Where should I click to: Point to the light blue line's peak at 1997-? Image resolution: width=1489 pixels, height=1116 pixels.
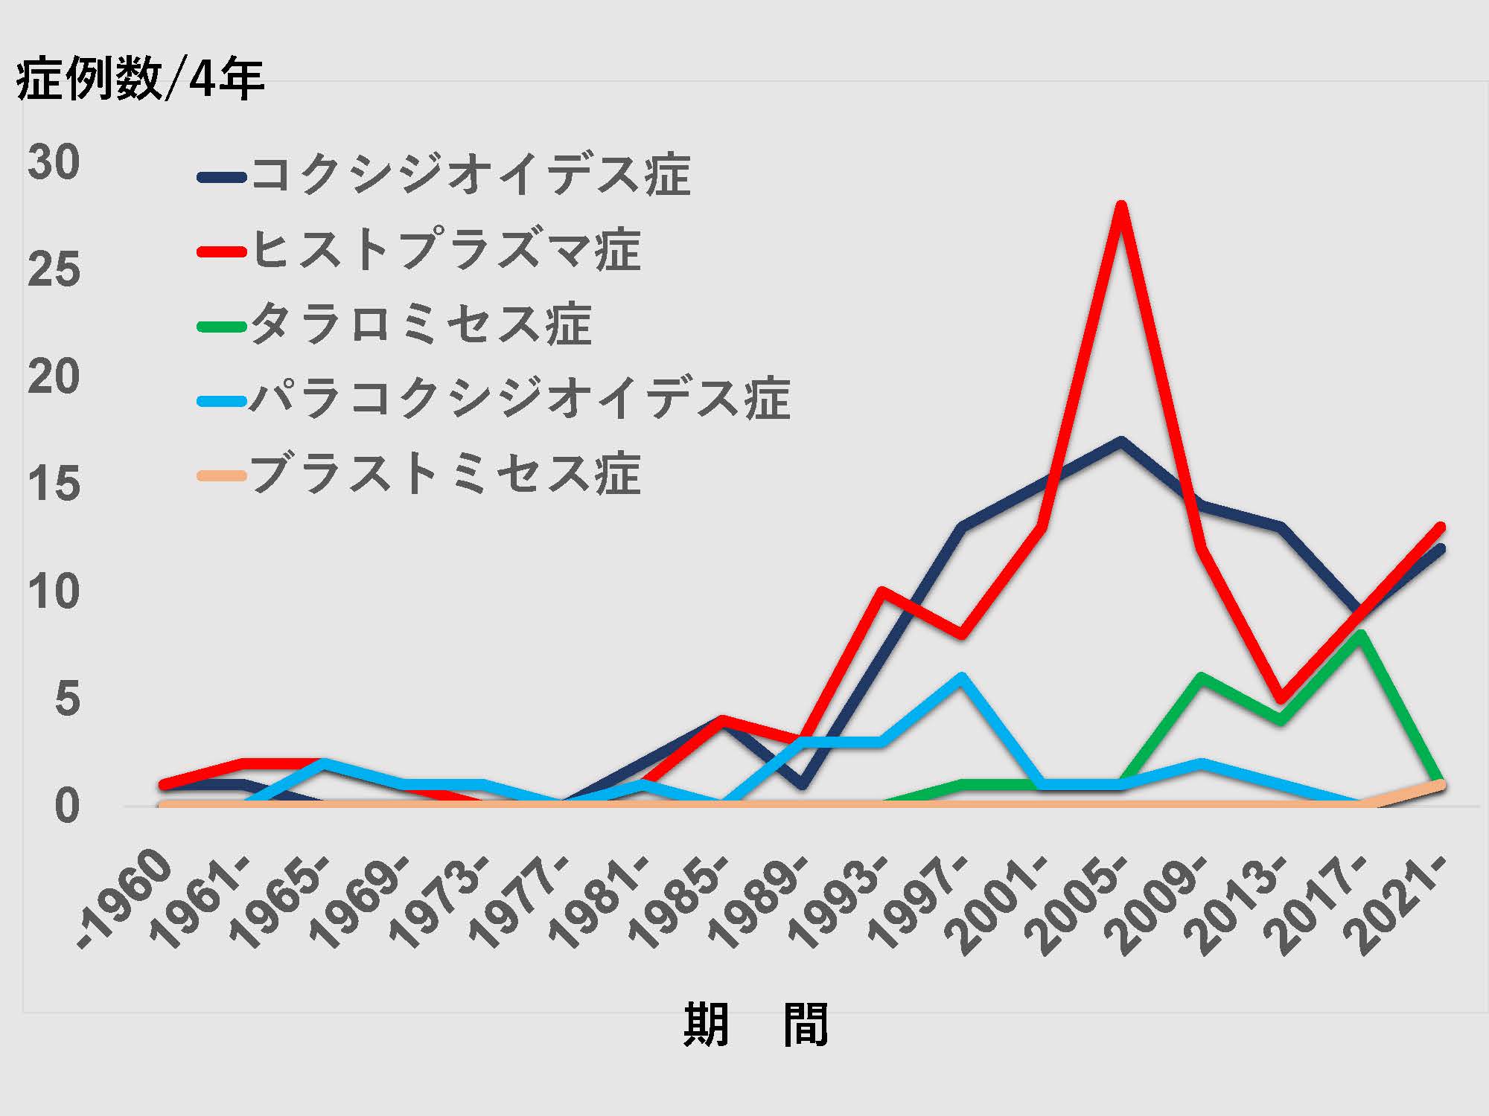click(961, 677)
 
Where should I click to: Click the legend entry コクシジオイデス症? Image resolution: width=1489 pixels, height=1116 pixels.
click(471, 176)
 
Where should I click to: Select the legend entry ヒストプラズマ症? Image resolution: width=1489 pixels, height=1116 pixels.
click(445, 250)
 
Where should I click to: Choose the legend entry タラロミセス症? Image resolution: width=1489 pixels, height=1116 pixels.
click(421, 325)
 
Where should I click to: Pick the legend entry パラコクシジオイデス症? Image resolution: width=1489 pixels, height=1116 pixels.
click(520, 400)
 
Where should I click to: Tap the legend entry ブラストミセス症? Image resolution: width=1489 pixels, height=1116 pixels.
click(445, 474)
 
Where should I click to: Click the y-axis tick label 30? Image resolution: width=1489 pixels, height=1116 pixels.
click(53, 162)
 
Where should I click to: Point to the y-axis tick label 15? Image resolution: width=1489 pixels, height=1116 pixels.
click(53, 484)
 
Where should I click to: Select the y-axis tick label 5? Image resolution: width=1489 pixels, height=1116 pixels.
click(67, 699)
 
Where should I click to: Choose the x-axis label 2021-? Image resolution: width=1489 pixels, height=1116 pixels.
click(1400, 904)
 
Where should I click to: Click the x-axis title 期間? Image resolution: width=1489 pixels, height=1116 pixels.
click(755, 1024)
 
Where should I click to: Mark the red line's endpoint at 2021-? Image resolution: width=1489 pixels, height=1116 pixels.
click(1440, 527)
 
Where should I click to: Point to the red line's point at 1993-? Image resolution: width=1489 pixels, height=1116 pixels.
click(881, 592)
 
